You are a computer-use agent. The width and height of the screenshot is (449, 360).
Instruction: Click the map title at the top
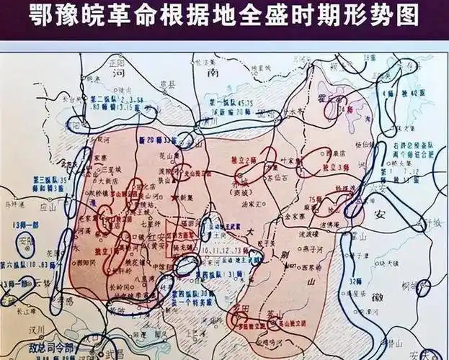tap(224, 16)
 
